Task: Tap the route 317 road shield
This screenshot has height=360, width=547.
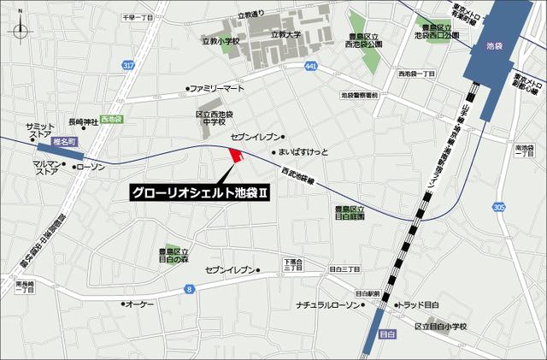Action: click(x=128, y=65)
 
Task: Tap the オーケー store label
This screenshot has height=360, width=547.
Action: click(x=139, y=304)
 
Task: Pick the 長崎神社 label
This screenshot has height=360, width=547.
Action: click(x=83, y=121)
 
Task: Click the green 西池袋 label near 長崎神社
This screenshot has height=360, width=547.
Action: click(x=111, y=119)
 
